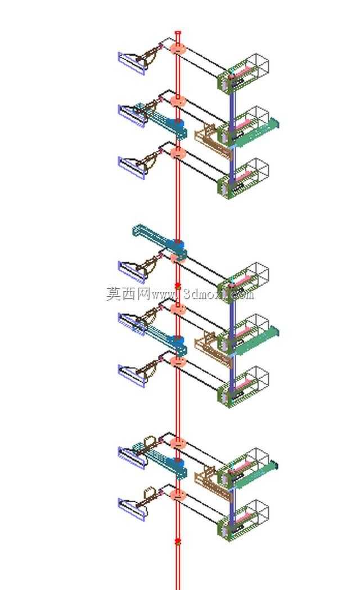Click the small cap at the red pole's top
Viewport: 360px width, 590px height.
click(178, 33)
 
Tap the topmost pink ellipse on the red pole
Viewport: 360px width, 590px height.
click(178, 48)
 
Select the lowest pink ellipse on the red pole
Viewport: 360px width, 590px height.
click(178, 495)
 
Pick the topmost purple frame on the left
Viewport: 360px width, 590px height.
click(132, 63)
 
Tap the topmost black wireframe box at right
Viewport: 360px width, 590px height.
click(255, 64)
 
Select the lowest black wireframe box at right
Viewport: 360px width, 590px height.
click(255, 511)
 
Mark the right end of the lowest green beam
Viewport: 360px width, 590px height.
click(276, 465)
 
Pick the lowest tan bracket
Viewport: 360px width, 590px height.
click(213, 483)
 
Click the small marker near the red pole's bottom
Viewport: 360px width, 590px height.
click(178, 542)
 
